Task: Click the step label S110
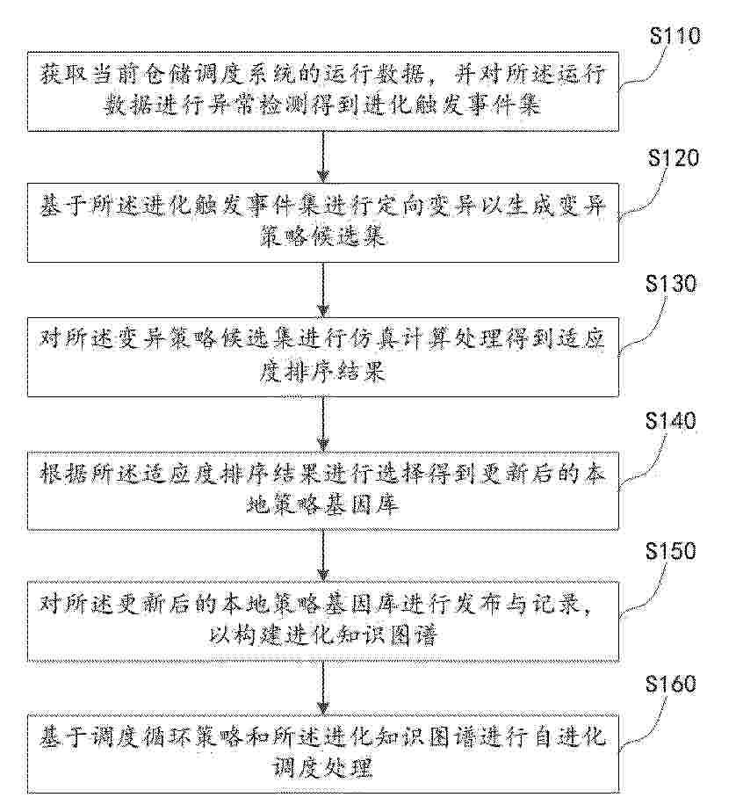point(675,36)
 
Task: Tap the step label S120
point(674,158)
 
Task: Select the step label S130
point(671,284)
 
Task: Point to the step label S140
point(671,420)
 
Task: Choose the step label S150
point(671,551)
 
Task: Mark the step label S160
point(671,684)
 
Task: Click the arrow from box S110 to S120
point(323,157)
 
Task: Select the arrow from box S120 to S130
point(323,290)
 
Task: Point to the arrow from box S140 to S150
point(323,555)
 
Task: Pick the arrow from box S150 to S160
point(323,689)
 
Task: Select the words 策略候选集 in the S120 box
point(323,236)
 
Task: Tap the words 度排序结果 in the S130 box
point(323,372)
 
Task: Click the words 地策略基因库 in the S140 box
point(323,504)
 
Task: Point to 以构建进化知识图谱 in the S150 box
point(323,634)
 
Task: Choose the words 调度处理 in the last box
point(323,768)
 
